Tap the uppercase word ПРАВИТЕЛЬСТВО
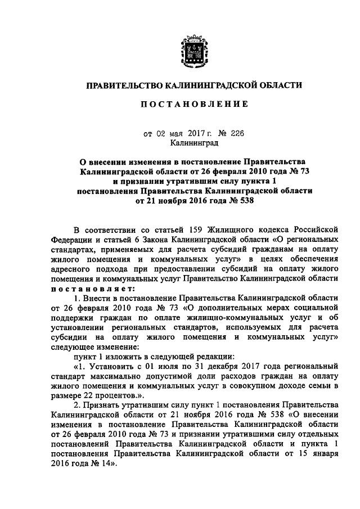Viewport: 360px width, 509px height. click(x=123, y=85)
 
